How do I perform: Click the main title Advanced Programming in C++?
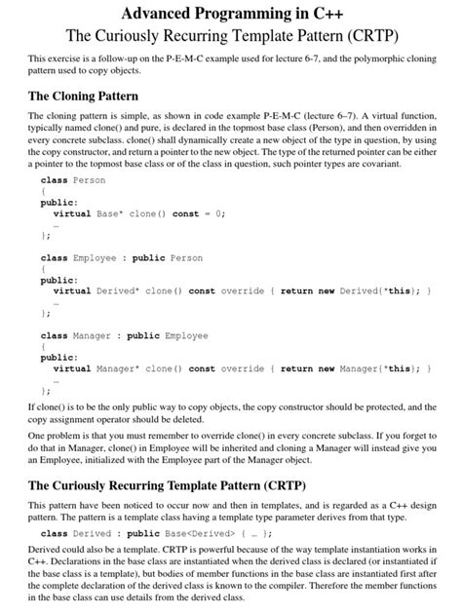click(x=231, y=15)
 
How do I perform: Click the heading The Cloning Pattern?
click(x=84, y=96)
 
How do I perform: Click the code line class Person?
click(x=73, y=181)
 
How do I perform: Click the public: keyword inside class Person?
click(x=59, y=203)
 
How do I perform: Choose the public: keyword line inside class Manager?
click(x=59, y=358)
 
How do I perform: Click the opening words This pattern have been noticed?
click(x=83, y=506)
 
